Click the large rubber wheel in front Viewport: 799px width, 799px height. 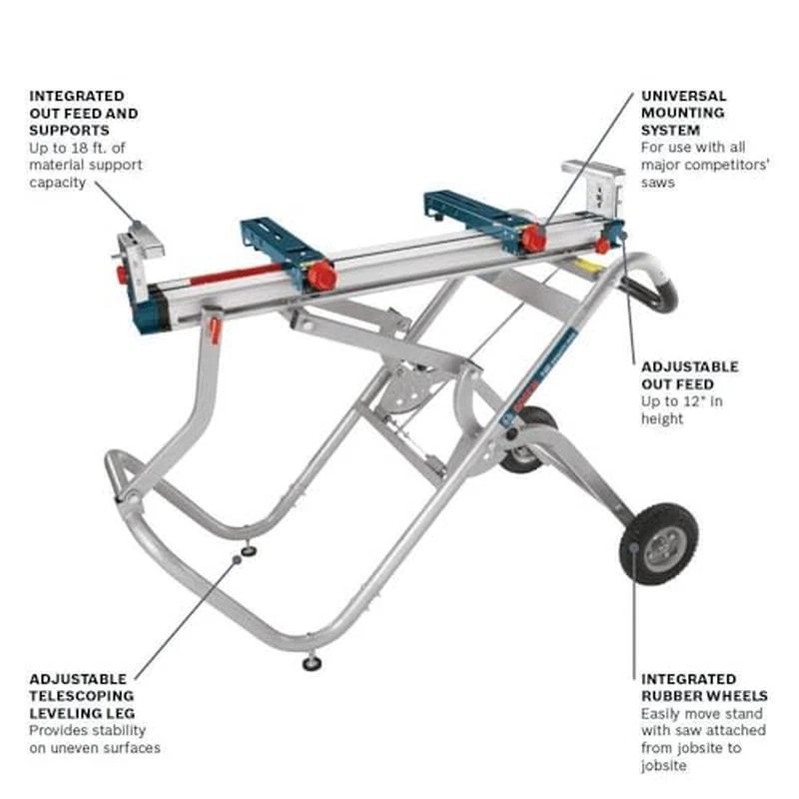coord(658,543)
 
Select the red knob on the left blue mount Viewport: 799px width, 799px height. coord(322,277)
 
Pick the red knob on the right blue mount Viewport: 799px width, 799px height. coord(533,239)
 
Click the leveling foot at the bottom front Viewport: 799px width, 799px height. coord(312,663)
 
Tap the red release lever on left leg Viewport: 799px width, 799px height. coord(215,331)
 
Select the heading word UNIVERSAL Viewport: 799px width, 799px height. coord(683,96)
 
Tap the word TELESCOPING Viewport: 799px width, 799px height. coord(82,695)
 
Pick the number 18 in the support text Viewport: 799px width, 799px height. coord(80,148)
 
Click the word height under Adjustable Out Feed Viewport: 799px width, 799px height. coord(662,418)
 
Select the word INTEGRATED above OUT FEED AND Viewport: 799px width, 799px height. coord(77,96)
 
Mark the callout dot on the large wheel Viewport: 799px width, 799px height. coord(634,547)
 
